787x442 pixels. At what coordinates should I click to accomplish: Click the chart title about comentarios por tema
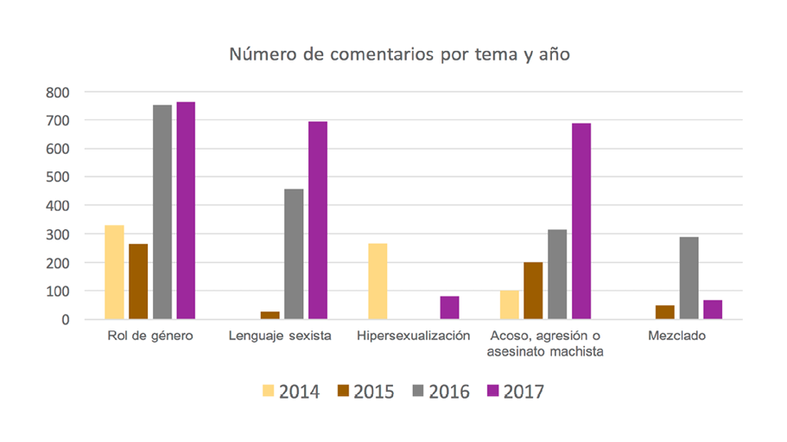point(399,54)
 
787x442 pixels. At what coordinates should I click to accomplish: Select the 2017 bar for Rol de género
point(186,211)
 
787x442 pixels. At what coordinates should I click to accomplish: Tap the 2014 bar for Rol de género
point(114,272)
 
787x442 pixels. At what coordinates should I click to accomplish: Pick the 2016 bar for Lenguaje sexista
point(294,254)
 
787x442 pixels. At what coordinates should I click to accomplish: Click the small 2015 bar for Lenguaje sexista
point(270,316)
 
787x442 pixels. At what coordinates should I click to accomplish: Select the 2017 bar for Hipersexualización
point(449,308)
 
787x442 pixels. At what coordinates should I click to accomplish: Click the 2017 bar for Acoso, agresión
point(581,221)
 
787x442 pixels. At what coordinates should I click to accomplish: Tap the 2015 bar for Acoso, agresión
point(533,291)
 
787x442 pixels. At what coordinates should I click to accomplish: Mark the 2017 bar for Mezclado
point(713,310)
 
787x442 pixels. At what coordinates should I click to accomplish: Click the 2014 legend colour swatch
point(268,392)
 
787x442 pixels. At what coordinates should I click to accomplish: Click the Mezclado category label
point(676,336)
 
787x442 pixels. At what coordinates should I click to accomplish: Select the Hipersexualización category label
point(413,336)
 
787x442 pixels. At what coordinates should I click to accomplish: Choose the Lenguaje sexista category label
point(281,336)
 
